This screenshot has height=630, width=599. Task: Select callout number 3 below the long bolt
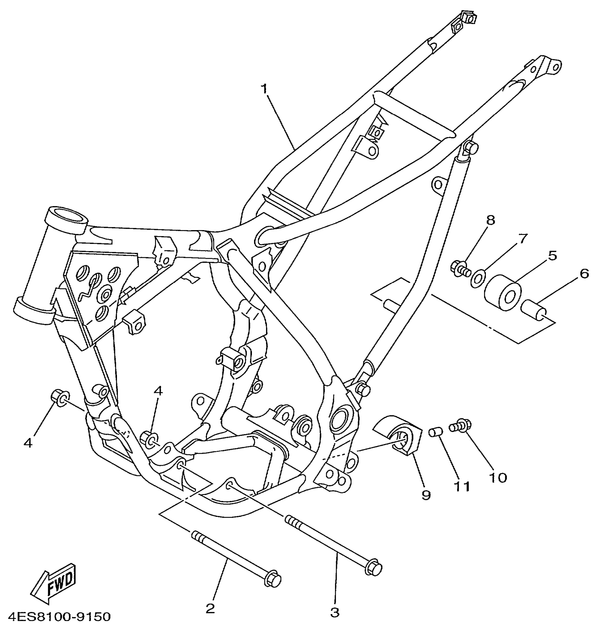pos(335,612)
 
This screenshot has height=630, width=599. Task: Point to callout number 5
pos(552,255)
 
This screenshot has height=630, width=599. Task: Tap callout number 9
pos(426,495)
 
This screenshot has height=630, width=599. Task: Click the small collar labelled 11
pos(436,431)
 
